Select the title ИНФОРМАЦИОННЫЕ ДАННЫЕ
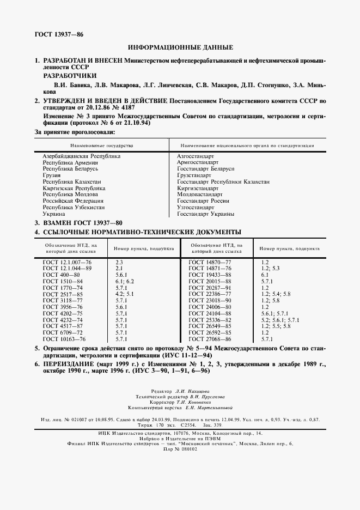[180, 47]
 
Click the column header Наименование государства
[101, 146]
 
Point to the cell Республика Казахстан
[72, 181]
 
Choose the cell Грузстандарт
[194, 175]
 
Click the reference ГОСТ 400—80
[60, 275]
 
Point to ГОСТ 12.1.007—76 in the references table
[68, 263]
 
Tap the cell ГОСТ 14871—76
[210, 269]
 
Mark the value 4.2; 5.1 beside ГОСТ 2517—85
[124, 294]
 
